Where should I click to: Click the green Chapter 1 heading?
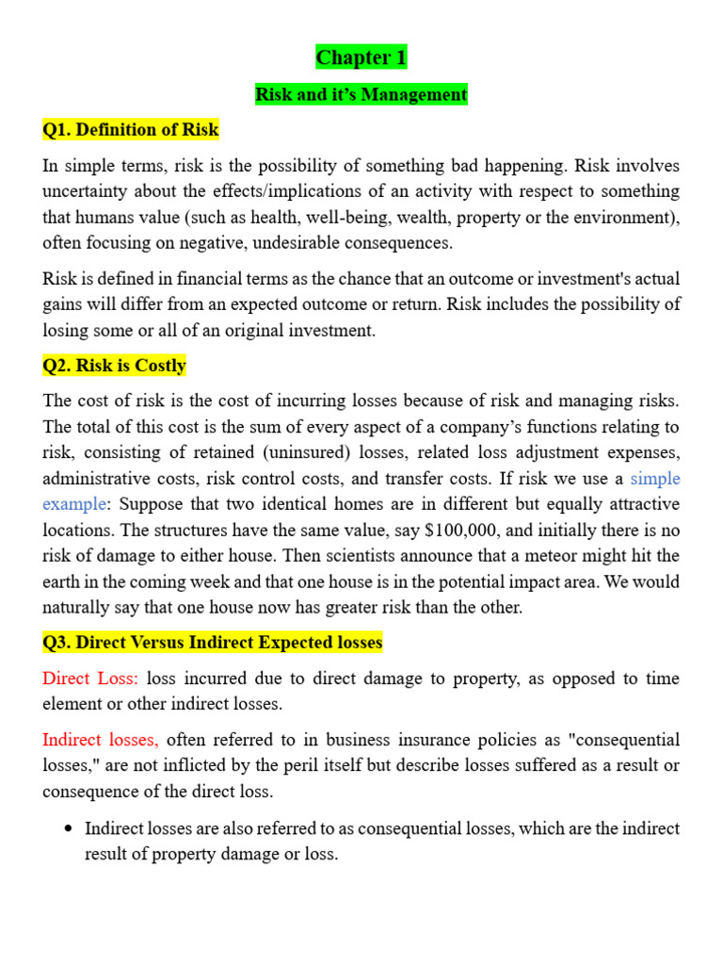(x=361, y=58)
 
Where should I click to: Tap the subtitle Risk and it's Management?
(x=361, y=94)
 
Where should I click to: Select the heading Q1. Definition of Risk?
(x=131, y=130)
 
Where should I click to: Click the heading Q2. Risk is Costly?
(x=115, y=366)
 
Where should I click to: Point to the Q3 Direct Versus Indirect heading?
(x=213, y=643)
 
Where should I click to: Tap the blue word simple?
(x=655, y=479)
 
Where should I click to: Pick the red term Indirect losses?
(x=101, y=740)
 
